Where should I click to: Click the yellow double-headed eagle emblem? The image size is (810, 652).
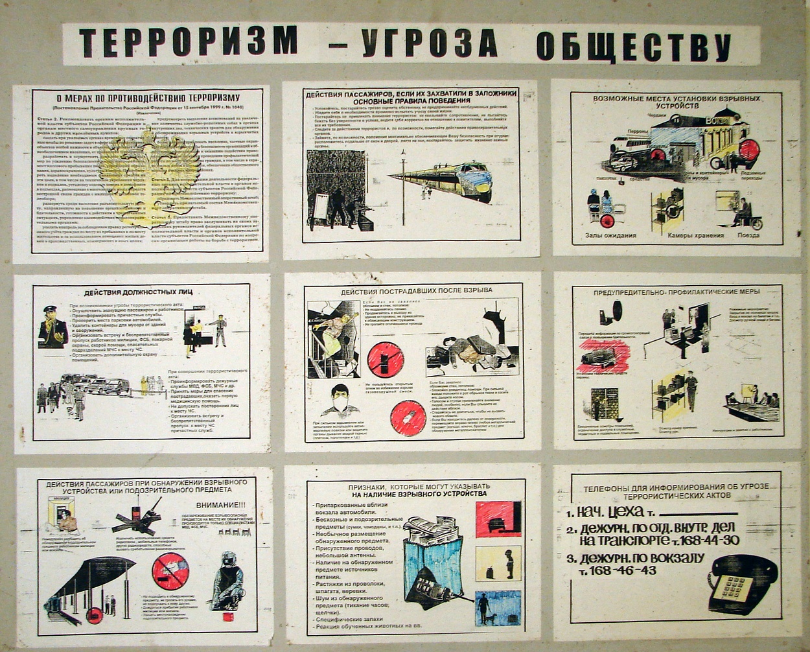[x=150, y=172]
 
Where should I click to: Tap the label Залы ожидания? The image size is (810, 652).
[x=610, y=235]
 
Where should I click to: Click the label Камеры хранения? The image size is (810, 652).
[x=694, y=235]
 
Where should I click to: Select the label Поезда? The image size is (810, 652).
[x=748, y=235]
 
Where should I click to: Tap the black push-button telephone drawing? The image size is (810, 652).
[x=741, y=584]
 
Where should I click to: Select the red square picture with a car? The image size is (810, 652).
[x=498, y=519]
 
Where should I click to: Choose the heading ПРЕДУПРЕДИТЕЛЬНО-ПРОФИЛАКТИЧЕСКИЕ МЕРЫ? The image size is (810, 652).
[x=677, y=292]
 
